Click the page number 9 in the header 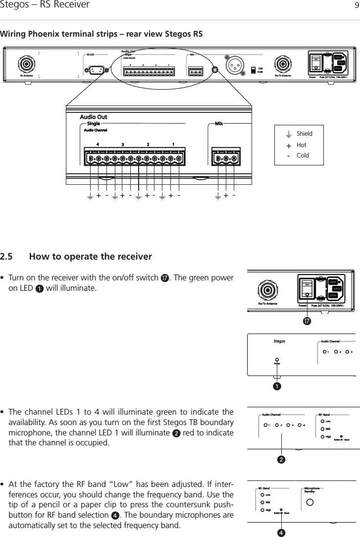(x=355, y=5)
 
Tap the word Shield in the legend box (x=304, y=134)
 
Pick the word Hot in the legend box (x=301, y=145)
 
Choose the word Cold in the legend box (x=302, y=155)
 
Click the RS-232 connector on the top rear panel (x=96, y=70)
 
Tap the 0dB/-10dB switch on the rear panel (x=253, y=69)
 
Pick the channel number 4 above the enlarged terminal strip (x=98, y=144)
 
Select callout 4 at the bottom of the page (x=281, y=533)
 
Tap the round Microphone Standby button (x=311, y=503)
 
